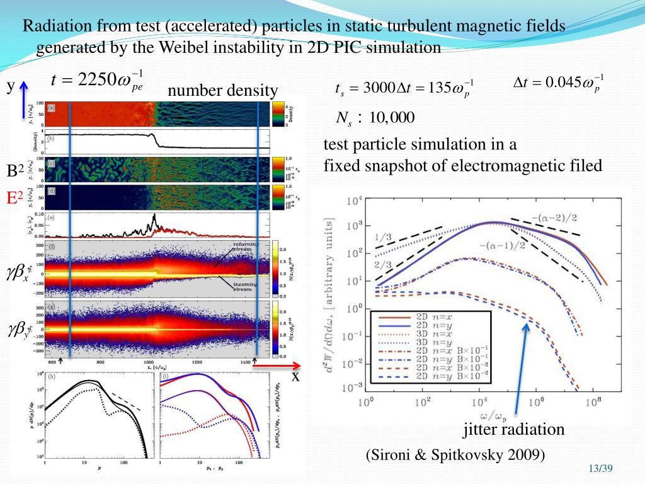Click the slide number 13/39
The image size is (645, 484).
click(600, 468)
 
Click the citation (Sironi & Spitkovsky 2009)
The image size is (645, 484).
click(455, 455)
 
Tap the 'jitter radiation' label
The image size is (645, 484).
click(514, 430)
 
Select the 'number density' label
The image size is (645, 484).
click(222, 92)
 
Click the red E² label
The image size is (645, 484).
click(15, 199)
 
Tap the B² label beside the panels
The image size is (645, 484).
click(15, 171)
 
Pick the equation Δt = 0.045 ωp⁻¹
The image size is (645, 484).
click(556, 82)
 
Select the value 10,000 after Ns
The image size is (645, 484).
click(392, 118)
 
